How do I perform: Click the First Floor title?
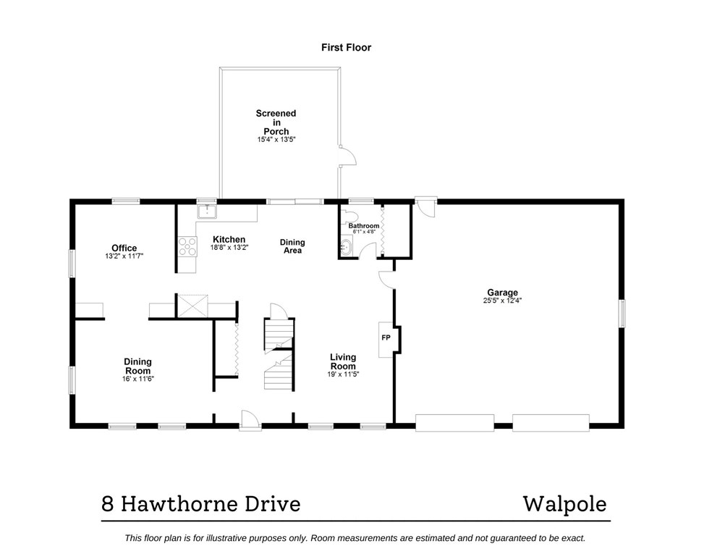[x=346, y=48]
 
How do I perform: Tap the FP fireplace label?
[x=386, y=338]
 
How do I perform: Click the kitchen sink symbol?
[x=207, y=212]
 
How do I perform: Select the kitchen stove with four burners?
[x=187, y=247]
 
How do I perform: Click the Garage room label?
[x=501, y=293]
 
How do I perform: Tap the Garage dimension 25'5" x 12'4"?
[x=501, y=300]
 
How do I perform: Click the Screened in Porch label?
[x=276, y=122]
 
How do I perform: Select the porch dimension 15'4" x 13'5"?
[x=276, y=139]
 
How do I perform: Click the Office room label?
[x=124, y=248]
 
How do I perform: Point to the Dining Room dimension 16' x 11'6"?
[x=137, y=378]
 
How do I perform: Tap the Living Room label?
[x=343, y=361]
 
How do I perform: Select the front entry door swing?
[x=249, y=419]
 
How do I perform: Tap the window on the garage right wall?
[x=622, y=313]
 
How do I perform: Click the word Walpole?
[x=565, y=503]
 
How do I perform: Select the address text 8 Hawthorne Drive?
[x=200, y=503]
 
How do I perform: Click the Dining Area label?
[x=292, y=246]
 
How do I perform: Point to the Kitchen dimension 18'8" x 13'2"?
[x=229, y=247]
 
